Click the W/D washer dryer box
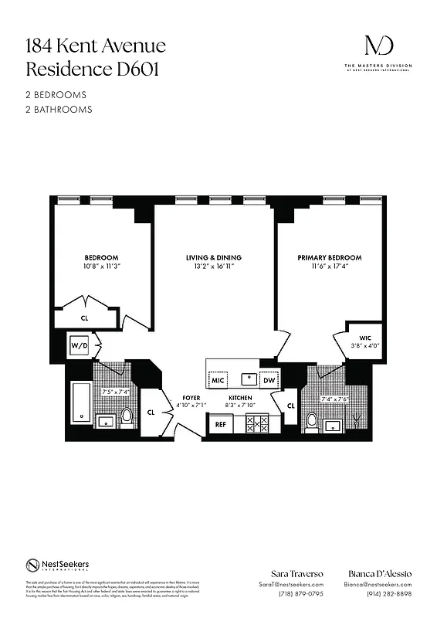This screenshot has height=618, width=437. (x=80, y=346)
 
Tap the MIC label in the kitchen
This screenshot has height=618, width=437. (x=218, y=380)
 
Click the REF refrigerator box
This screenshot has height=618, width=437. (x=220, y=424)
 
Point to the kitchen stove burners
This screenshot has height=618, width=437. (x=256, y=424)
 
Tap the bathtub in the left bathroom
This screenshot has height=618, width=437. (x=80, y=402)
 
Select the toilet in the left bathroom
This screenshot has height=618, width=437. (x=127, y=418)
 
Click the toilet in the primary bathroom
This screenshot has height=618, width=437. (x=312, y=422)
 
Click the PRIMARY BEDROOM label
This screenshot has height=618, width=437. (x=329, y=257)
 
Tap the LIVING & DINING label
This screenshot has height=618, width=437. (x=214, y=257)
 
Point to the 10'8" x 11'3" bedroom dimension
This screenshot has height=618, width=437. (x=101, y=267)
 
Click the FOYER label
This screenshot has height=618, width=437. (x=191, y=397)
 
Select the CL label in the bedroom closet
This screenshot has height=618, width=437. (x=85, y=317)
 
